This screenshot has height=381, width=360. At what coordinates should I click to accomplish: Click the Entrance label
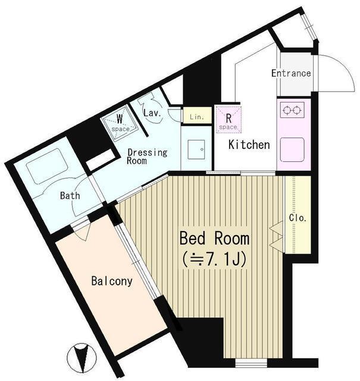click(291, 73)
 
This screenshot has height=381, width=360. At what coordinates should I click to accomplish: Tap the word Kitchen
click(249, 145)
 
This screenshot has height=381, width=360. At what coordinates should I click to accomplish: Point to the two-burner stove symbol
click(292, 110)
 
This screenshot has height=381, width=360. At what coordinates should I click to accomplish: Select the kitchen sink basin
click(292, 149)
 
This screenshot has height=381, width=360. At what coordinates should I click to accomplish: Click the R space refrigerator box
click(228, 120)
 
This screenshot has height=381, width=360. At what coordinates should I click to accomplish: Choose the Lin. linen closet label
click(197, 117)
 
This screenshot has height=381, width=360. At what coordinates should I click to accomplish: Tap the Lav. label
click(152, 113)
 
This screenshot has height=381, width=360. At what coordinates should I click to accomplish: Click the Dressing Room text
click(147, 157)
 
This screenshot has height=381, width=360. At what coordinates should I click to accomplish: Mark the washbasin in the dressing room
click(196, 149)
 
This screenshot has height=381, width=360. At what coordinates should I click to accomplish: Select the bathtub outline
click(47, 166)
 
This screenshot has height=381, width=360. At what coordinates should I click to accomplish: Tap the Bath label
click(70, 195)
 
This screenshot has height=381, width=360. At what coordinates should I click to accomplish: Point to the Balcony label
click(112, 281)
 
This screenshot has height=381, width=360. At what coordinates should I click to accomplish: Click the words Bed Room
click(214, 238)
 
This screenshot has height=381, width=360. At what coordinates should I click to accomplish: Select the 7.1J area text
click(214, 260)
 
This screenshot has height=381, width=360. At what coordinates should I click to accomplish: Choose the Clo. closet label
click(298, 218)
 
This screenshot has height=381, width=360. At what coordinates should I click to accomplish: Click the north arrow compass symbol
click(82, 358)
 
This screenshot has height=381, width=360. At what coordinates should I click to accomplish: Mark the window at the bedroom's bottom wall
click(251, 363)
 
